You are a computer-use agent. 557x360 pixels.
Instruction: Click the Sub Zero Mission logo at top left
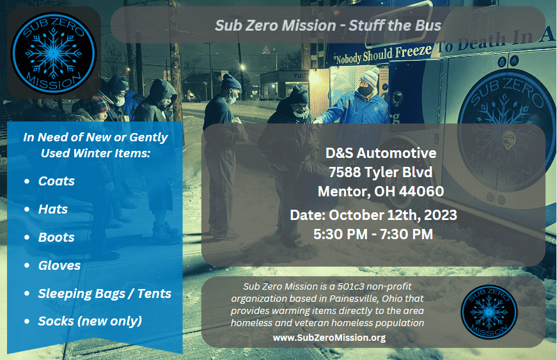pos(54,53)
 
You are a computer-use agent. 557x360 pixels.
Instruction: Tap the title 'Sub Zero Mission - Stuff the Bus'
pos(328,25)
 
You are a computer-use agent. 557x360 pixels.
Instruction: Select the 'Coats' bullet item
pos(56,181)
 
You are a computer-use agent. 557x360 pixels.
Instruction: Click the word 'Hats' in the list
pos(53,209)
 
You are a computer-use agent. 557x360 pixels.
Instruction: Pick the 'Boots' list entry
pos(56,237)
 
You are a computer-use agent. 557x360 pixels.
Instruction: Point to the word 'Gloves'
pos(59,265)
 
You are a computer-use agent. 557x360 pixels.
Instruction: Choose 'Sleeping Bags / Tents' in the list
pos(104,293)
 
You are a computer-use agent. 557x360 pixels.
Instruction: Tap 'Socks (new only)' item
pos(90,321)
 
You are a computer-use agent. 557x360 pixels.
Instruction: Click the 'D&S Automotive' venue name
pos(380,153)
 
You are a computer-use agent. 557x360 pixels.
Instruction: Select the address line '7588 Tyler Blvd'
pos(380,172)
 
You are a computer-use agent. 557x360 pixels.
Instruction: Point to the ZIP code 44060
pos(421,191)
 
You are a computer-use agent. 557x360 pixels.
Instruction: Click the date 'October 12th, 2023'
pos(393,215)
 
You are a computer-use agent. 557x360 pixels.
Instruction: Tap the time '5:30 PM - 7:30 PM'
pos(373,234)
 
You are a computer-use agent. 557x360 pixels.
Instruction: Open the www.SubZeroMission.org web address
pos(329,337)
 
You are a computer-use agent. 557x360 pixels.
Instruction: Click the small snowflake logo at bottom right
pos(489,311)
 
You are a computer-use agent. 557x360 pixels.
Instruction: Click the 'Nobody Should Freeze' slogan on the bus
pos(383,54)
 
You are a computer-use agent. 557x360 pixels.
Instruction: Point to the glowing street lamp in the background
pos(242,67)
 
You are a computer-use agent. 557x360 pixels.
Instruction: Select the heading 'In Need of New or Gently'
pos(95,137)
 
